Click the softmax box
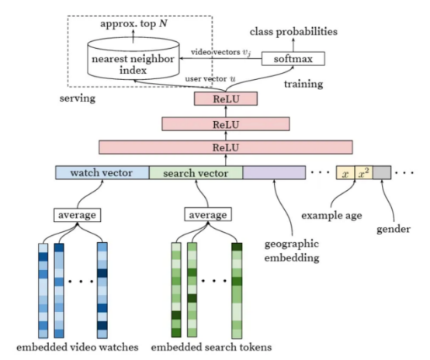(293, 59)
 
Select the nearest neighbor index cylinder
(134, 59)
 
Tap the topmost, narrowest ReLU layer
(226, 99)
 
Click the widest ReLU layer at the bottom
(226, 147)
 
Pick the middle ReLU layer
(226, 124)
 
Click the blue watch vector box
(102, 173)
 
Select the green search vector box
(196, 173)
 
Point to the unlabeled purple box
(274, 173)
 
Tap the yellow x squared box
(363, 173)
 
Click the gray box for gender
(382, 173)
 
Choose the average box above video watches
(77, 215)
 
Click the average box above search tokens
(208, 214)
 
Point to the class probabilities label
(293, 32)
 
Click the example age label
(331, 216)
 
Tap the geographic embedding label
(292, 251)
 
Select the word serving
(78, 99)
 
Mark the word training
(303, 84)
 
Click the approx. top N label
(134, 23)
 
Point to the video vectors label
(220, 52)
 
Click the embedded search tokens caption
(211, 347)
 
